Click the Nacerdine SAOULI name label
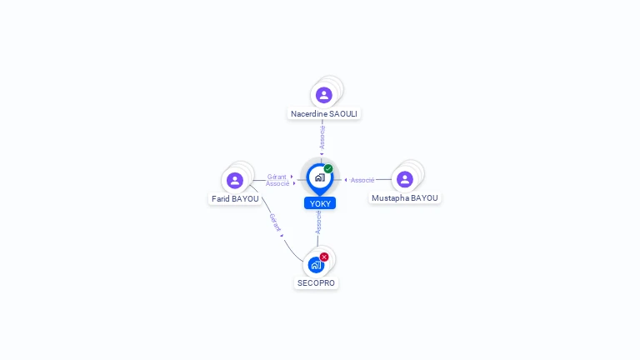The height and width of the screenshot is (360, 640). (323, 114)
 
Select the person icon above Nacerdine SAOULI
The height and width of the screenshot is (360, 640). (323, 95)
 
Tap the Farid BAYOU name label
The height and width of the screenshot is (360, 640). (235, 199)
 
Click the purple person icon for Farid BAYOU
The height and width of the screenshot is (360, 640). (235, 180)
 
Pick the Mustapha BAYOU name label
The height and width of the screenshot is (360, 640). (404, 198)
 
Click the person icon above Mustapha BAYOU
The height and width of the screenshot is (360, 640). (404, 179)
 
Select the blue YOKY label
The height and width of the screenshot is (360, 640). (320, 203)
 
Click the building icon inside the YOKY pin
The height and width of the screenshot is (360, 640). (320, 177)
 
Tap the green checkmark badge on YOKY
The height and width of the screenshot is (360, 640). (328, 168)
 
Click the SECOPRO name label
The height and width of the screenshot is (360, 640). (316, 282)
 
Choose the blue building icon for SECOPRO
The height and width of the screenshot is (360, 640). (316, 265)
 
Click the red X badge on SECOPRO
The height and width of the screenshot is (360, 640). (324, 257)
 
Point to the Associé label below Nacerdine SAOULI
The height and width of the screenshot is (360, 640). (322, 137)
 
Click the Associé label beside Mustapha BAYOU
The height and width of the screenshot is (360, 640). (362, 180)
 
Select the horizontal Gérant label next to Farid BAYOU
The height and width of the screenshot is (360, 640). (277, 177)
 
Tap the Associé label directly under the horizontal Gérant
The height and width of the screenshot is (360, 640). (277, 183)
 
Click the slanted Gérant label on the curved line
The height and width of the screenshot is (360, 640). (276, 222)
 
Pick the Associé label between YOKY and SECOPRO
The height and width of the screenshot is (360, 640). (318, 222)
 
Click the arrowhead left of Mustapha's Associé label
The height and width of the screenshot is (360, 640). (346, 180)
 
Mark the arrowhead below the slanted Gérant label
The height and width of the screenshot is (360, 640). (282, 236)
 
